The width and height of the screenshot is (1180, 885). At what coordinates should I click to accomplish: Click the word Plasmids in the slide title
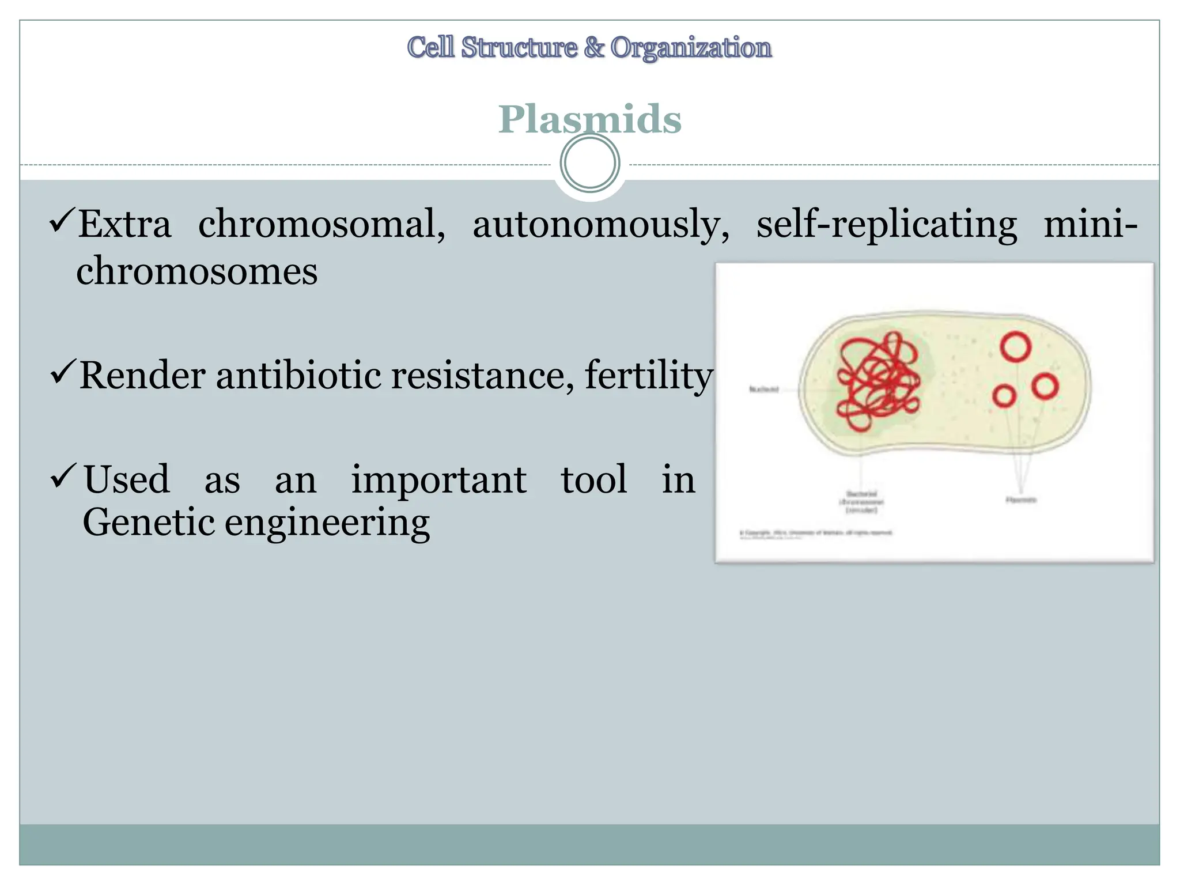(589, 119)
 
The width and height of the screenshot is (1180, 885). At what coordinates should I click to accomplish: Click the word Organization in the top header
(691, 47)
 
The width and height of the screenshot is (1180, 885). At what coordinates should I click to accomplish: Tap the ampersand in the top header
(594, 47)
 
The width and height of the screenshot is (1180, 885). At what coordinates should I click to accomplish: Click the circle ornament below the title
(590, 163)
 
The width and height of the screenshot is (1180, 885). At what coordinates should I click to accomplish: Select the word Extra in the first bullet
(125, 224)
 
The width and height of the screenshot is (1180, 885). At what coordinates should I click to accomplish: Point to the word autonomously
(600, 225)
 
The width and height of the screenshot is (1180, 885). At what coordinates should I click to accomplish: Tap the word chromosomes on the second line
(197, 271)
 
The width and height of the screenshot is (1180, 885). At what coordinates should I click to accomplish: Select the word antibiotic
(298, 376)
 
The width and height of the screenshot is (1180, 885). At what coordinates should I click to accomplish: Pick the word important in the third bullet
(438, 479)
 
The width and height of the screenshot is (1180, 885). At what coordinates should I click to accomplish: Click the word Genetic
(149, 522)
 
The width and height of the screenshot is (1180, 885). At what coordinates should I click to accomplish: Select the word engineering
(327, 523)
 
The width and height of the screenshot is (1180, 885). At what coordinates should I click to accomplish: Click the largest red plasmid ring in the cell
(1015, 347)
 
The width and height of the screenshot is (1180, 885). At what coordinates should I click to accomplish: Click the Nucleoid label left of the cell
(763, 389)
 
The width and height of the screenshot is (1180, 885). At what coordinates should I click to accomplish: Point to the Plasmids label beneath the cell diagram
(1021, 500)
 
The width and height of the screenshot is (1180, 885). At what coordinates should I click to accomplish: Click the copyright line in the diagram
(816, 533)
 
